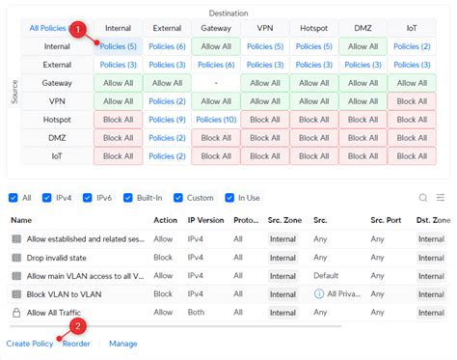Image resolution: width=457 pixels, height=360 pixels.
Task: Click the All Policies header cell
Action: tap(47, 28)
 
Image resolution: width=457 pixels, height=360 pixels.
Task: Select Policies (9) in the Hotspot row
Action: tap(168, 119)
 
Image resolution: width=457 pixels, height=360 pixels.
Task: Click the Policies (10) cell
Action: tap(216, 119)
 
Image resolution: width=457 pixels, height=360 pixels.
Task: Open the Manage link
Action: tap(122, 343)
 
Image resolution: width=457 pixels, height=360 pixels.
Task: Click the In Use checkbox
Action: tap(229, 197)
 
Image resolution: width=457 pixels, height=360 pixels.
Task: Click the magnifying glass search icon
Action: tap(422, 197)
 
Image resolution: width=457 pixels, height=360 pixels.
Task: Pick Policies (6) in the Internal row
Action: tap(168, 45)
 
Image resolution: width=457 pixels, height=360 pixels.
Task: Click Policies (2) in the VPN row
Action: tap(168, 100)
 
